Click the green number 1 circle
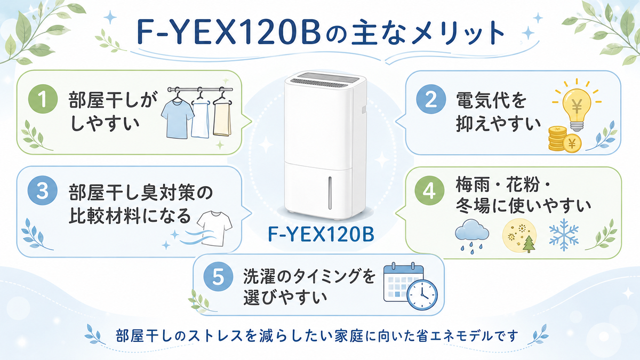[x=43, y=99]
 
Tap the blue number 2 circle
[x=431, y=99]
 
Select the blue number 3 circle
[x=42, y=190]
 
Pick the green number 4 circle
[x=429, y=190]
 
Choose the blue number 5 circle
[x=218, y=277]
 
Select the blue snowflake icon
[x=564, y=235]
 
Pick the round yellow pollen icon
[x=519, y=236]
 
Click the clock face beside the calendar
[x=422, y=294]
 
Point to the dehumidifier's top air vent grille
[x=325, y=79]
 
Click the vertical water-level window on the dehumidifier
[x=330, y=193]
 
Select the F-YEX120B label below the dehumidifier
[x=321, y=234]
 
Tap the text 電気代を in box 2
[x=491, y=100]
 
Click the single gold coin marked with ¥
[x=572, y=143]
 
